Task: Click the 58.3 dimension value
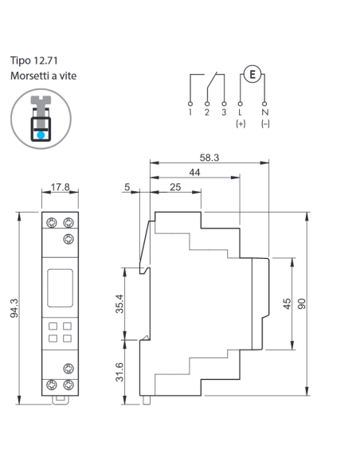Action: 209,158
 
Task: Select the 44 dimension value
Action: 194,172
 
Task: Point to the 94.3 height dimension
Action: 14,308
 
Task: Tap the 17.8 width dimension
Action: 61,187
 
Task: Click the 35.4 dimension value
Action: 119,303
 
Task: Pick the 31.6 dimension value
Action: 119,372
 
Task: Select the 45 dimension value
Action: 287,304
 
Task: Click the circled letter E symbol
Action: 252,74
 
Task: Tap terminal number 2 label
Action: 207,112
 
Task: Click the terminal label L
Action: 240,112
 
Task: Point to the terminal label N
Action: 264,112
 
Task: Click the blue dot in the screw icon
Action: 41,135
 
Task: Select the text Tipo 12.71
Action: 34,61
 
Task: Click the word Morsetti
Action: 29,76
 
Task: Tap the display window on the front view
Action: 60,288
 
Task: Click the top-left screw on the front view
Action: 52,222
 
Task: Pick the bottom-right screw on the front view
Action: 68,385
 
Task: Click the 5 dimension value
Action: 127,187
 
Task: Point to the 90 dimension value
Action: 302,304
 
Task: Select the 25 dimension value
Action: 175,187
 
